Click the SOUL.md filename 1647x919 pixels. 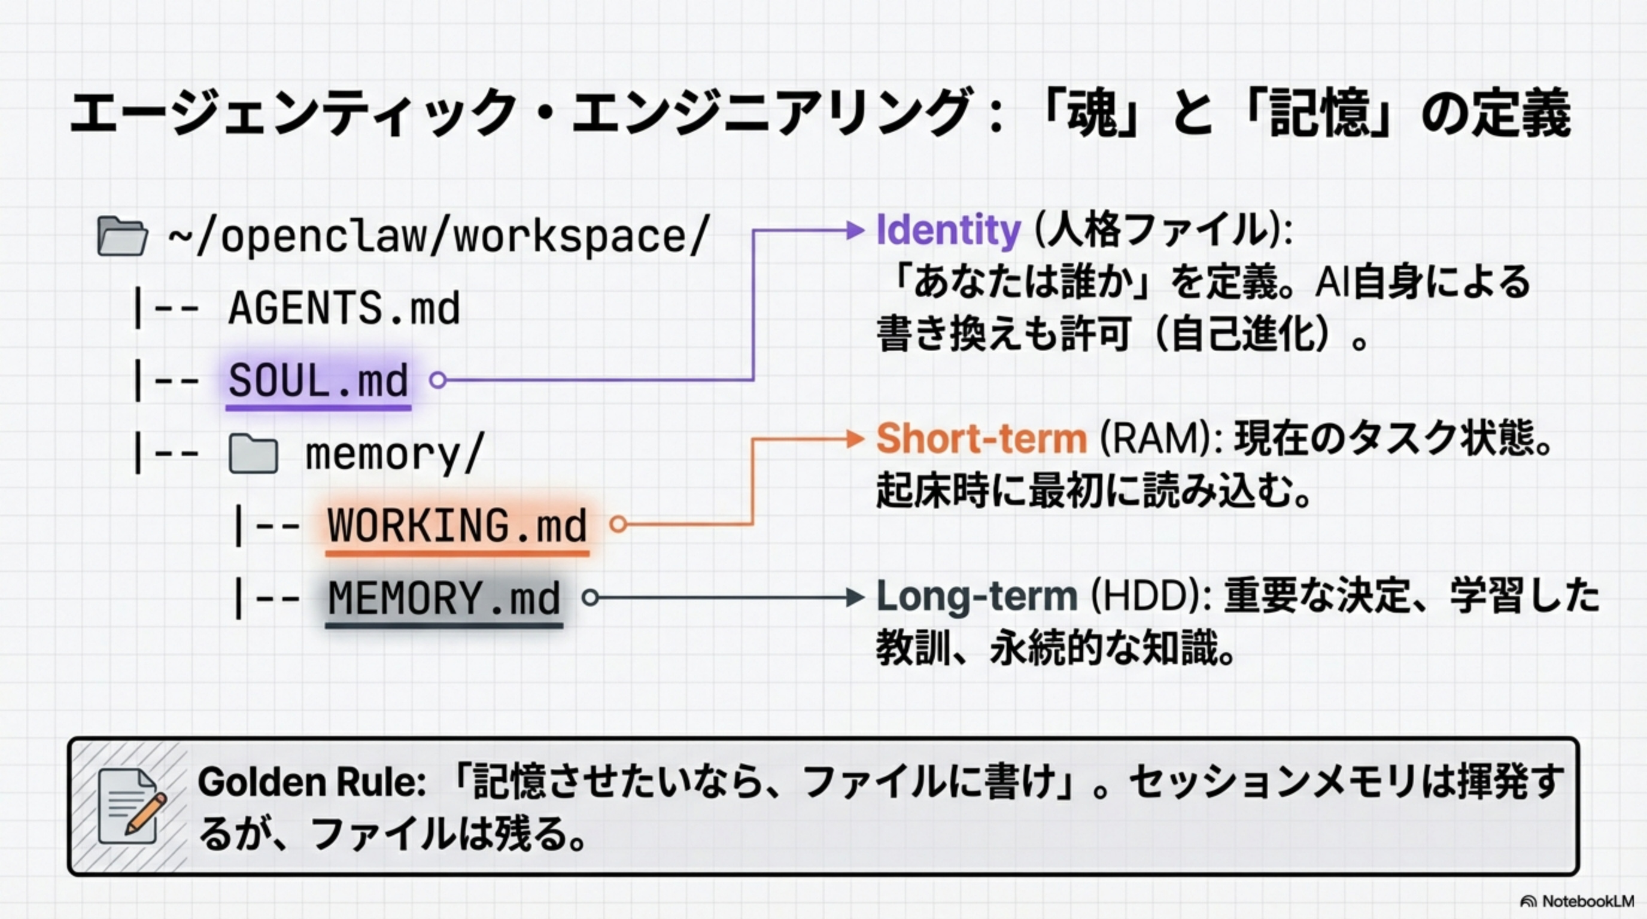coord(318,381)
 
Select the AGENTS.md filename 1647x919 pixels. coord(344,309)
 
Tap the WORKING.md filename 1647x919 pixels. coord(457,525)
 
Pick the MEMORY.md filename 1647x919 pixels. coord(443,598)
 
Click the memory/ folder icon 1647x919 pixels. coord(253,454)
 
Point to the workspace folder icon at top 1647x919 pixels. coord(121,236)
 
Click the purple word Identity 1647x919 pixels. coord(948,230)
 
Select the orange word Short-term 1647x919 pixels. coord(981,439)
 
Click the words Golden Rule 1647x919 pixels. coord(311,782)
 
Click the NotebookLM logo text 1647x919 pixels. coord(1587,901)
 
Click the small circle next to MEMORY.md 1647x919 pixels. coord(590,598)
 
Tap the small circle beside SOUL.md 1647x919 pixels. coord(437,381)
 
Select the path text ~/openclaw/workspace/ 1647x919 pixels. coord(439,236)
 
